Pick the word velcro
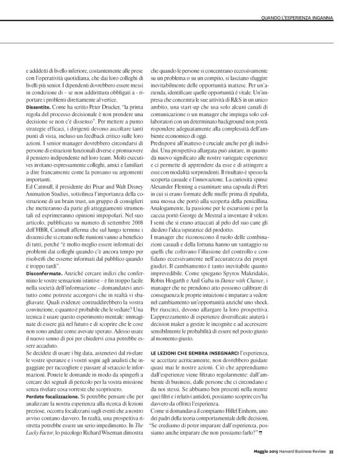tap(313, 230)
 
